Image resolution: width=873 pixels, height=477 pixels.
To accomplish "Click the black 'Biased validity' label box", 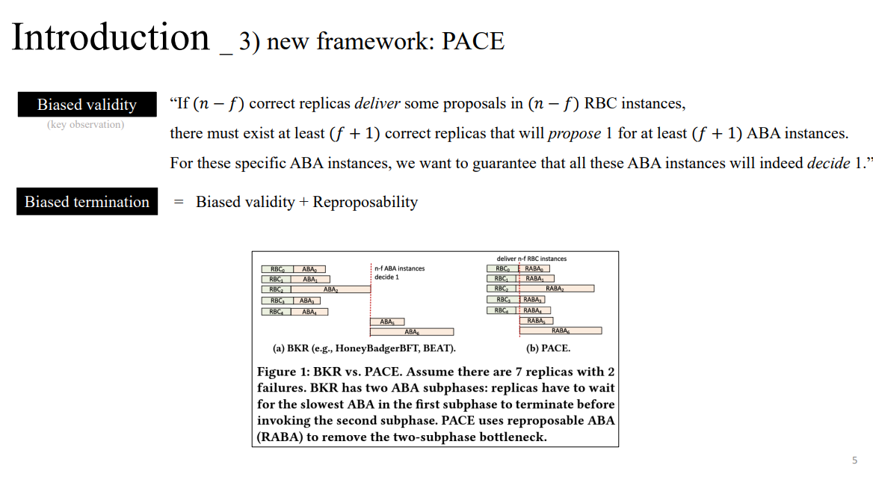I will pyautogui.click(x=87, y=105).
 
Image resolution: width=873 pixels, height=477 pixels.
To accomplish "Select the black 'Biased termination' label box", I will pyautogui.click(x=87, y=202).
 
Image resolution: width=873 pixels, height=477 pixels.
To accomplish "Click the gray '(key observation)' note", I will pyautogui.click(x=85, y=124).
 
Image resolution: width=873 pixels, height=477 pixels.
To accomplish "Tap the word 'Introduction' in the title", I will pyautogui.click(x=111, y=37).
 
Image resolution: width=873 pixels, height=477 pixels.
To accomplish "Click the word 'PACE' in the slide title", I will pyautogui.click(x=473, y=41).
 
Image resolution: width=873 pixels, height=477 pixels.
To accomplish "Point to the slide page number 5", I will pyautogui.click(x=854, y=460).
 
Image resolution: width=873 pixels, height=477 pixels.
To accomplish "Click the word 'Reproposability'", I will pyautogui.click(x=365, y=202).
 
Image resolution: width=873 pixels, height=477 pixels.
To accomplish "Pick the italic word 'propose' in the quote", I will pyautogui.click(x=575, y=134).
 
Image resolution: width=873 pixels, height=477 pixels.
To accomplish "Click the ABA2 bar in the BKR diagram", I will pyautogui.click(x=330, y=289).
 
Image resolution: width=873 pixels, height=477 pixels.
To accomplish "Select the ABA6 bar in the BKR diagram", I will pyautogui.click(x=411, y=331).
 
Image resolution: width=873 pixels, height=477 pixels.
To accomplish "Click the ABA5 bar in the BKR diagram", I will pyautogui.click(x=387, y=321).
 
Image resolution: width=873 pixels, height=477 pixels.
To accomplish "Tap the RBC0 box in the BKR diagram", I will pyautogui.click(x=277, y=269).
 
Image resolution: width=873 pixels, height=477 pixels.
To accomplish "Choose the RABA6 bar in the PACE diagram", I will pyautogui.click(x=561, y=330).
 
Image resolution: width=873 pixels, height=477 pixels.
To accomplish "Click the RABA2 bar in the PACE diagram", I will pyautogui.click(x=555, y=288).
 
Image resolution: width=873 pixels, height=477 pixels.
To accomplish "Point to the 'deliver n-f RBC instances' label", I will pyautogui.click(x=531, y=259).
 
